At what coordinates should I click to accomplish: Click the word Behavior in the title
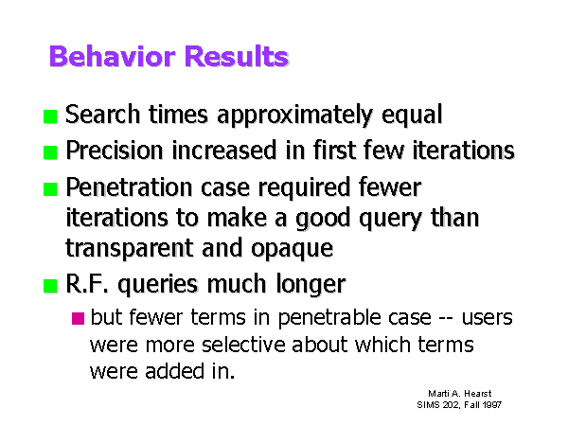[x=113, y=56]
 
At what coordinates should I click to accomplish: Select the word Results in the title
[x=237, y=56]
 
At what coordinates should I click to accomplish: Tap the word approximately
[x=295, y=115]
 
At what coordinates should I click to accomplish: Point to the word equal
[x=412, y=115]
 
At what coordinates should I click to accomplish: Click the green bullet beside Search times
[x=50, y=116]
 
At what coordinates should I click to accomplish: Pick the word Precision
[x=115, y=150]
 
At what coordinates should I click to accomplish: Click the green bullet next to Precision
[x=50, y=152]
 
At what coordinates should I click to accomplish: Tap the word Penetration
[x=129, y=187]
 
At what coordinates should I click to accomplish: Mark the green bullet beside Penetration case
[x=50, y=189]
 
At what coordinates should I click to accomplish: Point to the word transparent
[x=130, y=248]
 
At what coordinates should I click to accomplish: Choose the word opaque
[x=292, y=249]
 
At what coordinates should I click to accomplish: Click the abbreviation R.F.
[x=87, y=284]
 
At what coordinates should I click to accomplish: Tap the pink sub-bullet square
[x=78, y=318]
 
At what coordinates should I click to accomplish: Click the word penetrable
[x=328, y=318]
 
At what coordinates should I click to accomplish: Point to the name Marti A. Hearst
[x=460, y=394]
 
